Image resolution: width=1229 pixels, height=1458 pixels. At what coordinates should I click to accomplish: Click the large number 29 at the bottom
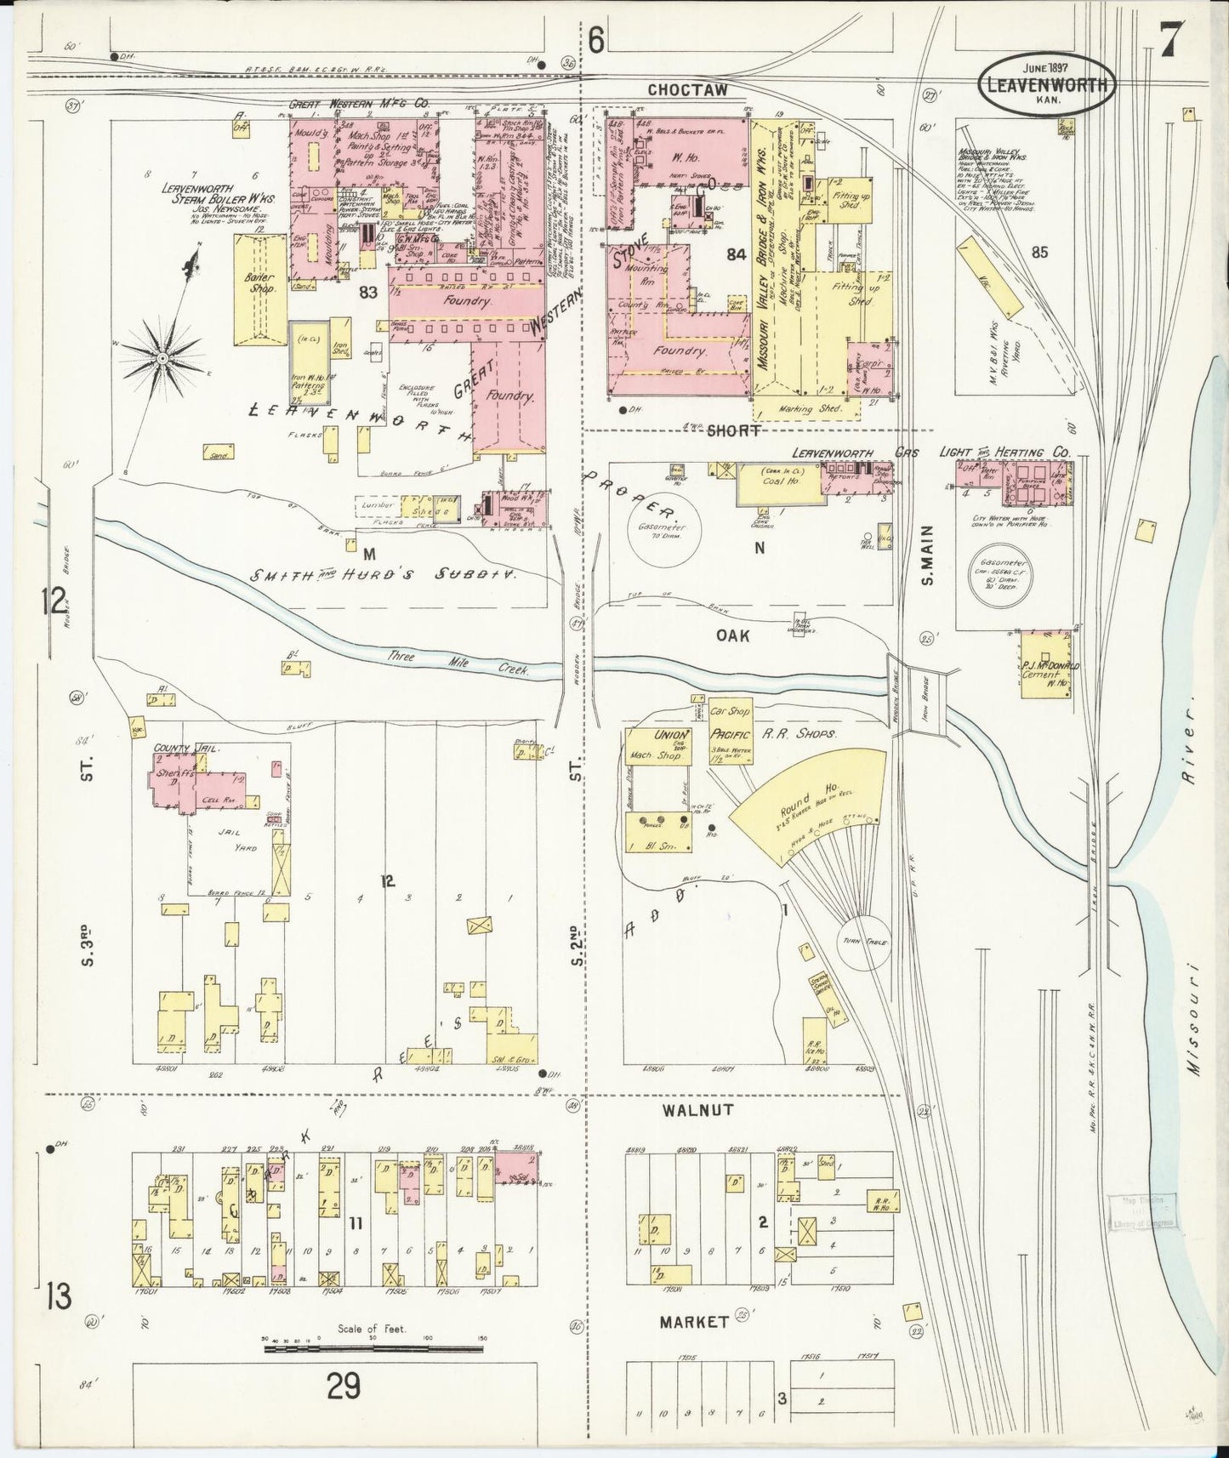[346, 1387]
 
